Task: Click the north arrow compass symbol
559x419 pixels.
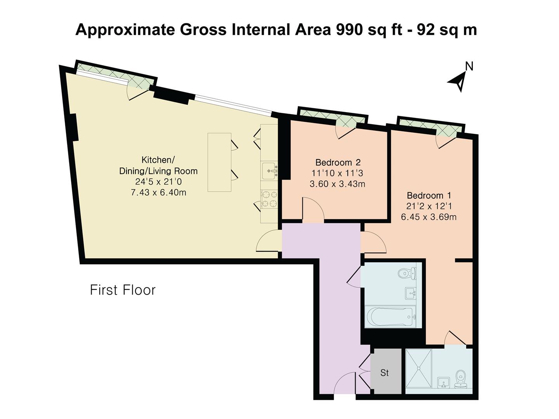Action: tap(459, 80)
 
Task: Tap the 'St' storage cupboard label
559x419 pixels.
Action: tap(384, 373)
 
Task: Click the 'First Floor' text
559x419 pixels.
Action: tap(123, 290)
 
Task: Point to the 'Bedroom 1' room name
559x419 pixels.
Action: tap(429, 196)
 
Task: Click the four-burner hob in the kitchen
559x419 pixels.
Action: tap(269, 199)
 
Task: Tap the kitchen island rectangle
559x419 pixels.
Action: tap(219, 162)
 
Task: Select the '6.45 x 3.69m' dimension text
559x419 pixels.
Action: tap(429, 217)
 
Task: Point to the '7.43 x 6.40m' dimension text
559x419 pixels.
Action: tap(158, 192)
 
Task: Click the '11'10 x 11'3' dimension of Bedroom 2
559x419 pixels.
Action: tap(337, 173)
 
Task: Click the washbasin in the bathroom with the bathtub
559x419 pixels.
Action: tap(411, 293)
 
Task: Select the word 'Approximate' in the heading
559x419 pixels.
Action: tap(125, 30)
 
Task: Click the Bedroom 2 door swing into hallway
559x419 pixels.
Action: tap(313, 210)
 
